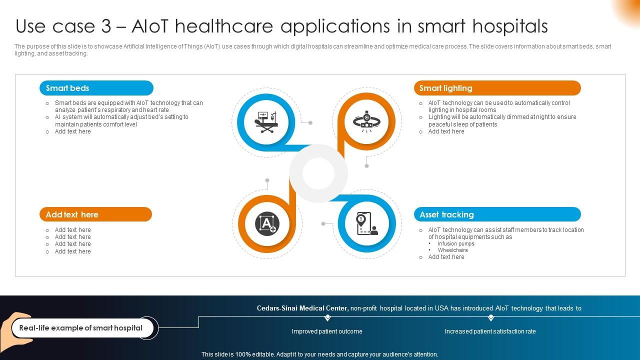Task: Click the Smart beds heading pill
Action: (96, 88)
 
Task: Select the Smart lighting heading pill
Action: (497, 88)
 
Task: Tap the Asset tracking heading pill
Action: (497, 214)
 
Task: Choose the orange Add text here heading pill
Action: (95, 214)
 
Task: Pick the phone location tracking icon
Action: (366, 223)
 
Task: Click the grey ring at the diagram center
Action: (318, 173)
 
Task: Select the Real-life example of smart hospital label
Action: (81, 328)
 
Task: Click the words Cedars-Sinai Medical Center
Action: (302, 308)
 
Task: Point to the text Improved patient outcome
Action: (327, 331)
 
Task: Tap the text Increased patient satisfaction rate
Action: (490, 331)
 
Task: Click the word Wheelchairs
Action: (453, 250)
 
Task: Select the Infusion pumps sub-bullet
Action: (456, 243)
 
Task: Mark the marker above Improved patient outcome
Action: (327, 317)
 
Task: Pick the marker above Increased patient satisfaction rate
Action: (491, 317)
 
